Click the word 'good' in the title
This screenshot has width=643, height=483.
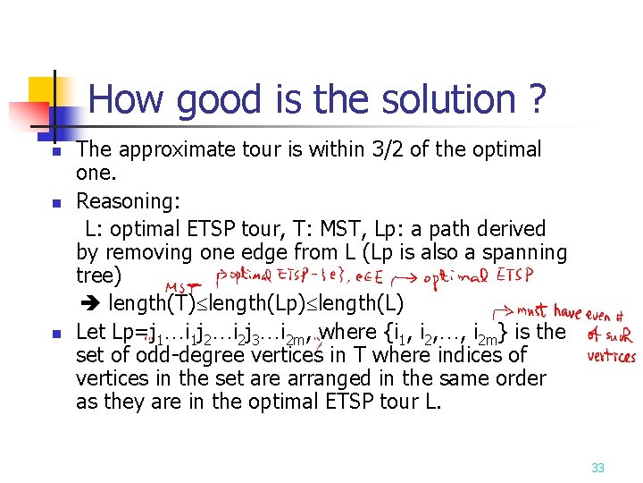(x=222, y=100)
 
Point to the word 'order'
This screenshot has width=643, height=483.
(x=519, y=379)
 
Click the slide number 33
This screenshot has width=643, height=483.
(x=597, y=467)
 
